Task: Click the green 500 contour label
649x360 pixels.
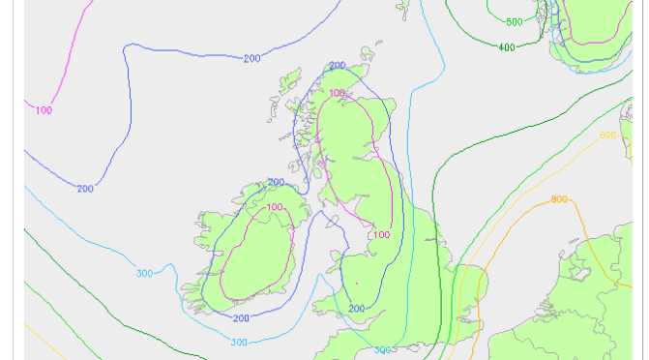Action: pyautogui.click(x=513, y=22)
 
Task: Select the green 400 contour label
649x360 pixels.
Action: pyautogui.click(x=506, y=46)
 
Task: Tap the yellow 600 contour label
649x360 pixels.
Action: pyautogui.click(x=607, y=135)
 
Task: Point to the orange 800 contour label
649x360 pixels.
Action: pyautogui.click(x=559, y=199)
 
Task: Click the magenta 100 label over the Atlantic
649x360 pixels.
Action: pyautogui.click(x=44, y=110)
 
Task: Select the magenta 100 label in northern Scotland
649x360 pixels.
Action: pyautogui.click(x=337, y=93)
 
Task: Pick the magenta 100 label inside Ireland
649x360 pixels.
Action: pyautogui.click(x=275, y=207)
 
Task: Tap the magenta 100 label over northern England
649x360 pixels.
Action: pyautogui.click(x=381, y=234)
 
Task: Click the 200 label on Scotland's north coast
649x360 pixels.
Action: pyautogui.click(x=337, y=66)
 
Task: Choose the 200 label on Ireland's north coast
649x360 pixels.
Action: pyautogui.click(x=276, y=182)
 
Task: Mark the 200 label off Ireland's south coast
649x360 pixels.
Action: pyautogui.click(x=241, y=317)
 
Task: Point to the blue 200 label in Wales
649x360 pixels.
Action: pyautogui.click(x=356, y=309)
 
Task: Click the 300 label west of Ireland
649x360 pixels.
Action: pyautogui.click(x=144, y=274)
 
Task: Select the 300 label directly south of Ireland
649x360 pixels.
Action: pyautogui.click(x=238, y=342)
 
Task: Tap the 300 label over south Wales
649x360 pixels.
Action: pyautogui.click(x=383, y=349)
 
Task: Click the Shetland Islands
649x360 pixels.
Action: pyautogui.click(x=402, y=8)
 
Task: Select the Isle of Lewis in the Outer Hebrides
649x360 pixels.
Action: pyautogui.click(x=290, y=83)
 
